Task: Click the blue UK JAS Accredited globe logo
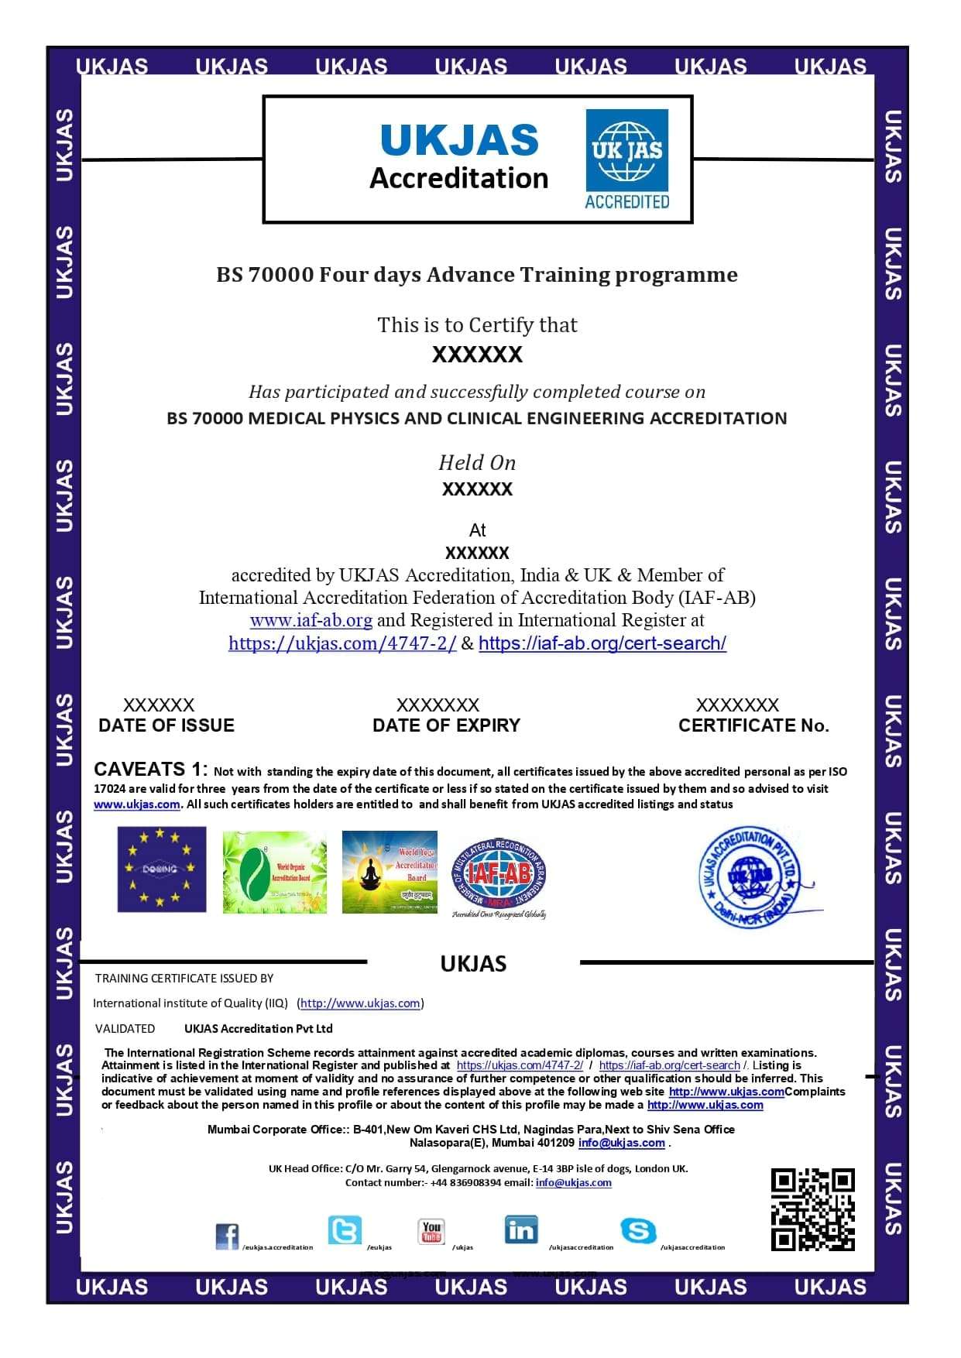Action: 626,159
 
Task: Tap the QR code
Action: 812,1209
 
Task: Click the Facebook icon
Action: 227,1236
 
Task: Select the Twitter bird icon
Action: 345,1229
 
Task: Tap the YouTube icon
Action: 431,1230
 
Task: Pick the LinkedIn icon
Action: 521,1229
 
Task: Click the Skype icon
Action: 638,1230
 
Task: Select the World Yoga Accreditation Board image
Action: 390,872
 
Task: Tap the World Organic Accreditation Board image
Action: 274,873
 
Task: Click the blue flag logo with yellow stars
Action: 162,869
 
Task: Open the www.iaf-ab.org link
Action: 311,620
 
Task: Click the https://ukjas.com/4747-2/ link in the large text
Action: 342,643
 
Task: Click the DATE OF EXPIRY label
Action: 446,725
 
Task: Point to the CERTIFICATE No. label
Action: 753,725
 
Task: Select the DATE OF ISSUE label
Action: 166,725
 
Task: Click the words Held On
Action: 477,463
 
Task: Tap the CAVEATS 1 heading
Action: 150,769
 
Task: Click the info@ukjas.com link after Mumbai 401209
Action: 621,1143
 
